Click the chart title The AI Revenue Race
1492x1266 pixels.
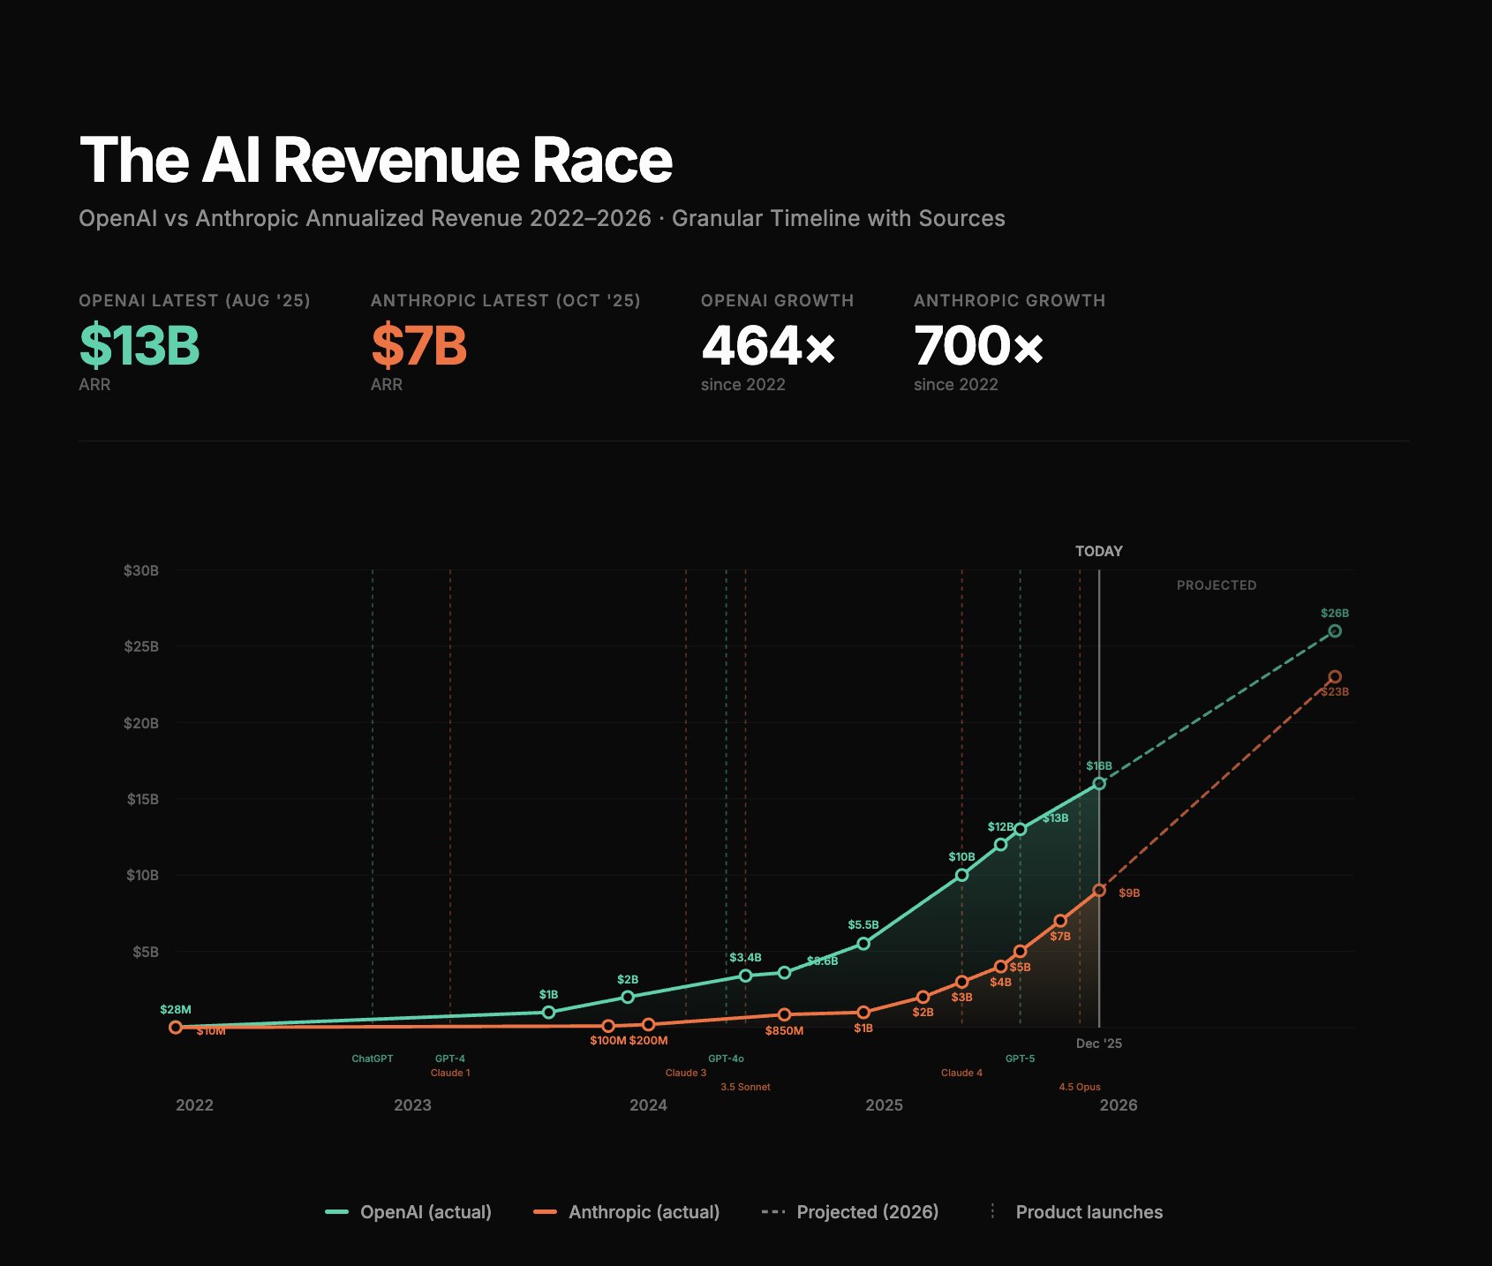click(x=376, y=161)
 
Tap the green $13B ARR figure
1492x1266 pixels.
click(x=139, y=345)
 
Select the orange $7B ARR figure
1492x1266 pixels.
click(x=418, y=345)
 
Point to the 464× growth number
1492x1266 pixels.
click(x=768, y=345)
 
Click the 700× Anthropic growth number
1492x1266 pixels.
click(x=979, y=345)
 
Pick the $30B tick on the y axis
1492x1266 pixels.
click(x=141, y=571)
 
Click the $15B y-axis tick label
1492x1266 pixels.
click(x=142, y=800)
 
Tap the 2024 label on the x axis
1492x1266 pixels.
click(x=648, y=1105)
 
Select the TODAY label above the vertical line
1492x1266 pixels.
click(x=1098, y=551)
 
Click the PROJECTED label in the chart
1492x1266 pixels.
click(x=1216, y=585)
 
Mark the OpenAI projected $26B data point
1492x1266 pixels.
click(x=1335, y=631)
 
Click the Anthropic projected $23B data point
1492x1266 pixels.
click(x=1335, y=677)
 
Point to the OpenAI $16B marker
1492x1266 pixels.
click(x=1099, y=783)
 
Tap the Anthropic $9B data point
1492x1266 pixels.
click(x=1099, y=891)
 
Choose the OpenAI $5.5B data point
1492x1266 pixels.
click(x=863, y=944)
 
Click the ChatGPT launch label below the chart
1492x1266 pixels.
click(x=372, y=1059)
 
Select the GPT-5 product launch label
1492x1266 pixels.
click(x=1020, y=1059)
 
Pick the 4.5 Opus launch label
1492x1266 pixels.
click(x=1080, y=1087)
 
